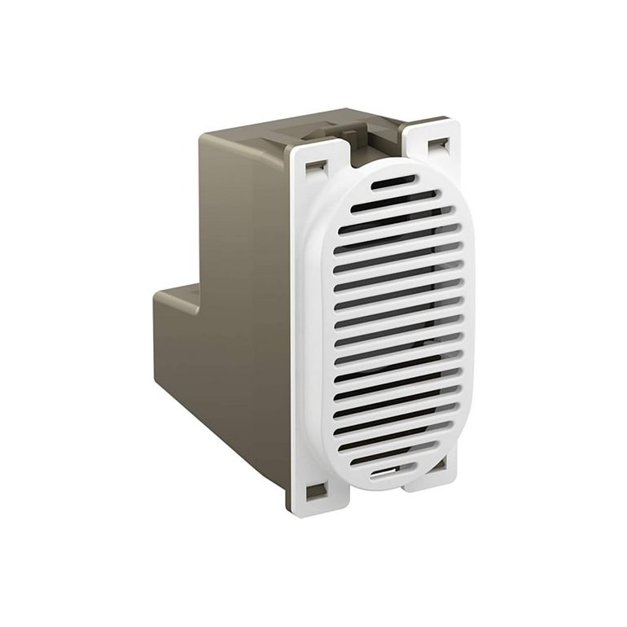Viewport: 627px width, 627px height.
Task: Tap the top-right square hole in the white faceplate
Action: click(438, 145)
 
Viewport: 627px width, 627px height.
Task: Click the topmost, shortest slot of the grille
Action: click(392, 184)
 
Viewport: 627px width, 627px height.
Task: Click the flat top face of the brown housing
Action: click(269, 130)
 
